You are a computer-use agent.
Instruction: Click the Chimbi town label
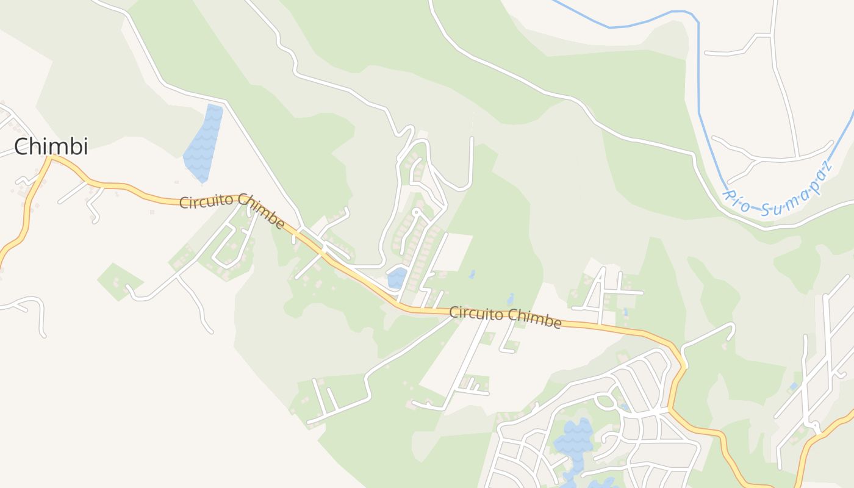click(51, 146)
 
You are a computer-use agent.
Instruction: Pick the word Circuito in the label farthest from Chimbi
click(476, 314)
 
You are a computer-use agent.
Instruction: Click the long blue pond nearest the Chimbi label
click(204, 143)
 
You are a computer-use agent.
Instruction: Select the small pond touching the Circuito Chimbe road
click(396, 278)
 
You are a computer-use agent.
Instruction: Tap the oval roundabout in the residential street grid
click(606, 401)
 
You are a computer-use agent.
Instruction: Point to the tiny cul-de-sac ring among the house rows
click(417, 213)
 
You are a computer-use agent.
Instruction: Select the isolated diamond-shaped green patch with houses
click(120, 281)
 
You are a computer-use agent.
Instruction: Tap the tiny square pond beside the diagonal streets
click(792, 386)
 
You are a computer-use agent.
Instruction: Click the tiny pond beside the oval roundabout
click(624, 406)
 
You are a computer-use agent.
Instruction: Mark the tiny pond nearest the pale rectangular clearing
click(472, 274)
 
